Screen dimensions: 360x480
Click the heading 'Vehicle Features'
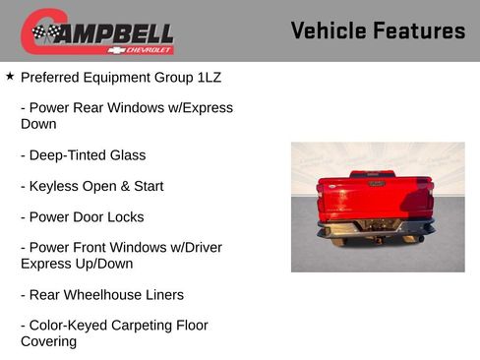tap(378, 31)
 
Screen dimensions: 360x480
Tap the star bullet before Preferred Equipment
tap(10, 75)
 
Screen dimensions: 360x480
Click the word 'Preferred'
tap(50, 76)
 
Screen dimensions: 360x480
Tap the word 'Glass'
tap(126, 155)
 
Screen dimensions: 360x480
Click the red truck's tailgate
tap(374, 201)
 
